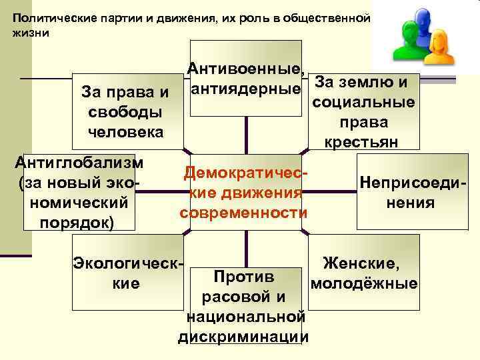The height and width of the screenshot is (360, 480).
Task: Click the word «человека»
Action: [x=125, y=131]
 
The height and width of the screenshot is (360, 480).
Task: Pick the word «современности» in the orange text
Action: [x=243, y=213]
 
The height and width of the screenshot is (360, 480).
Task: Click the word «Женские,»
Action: [x=361, y=265]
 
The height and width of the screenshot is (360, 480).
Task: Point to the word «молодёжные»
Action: [x=364, y=284]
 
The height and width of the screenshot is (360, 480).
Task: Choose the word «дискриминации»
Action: [x=243, y=337]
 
